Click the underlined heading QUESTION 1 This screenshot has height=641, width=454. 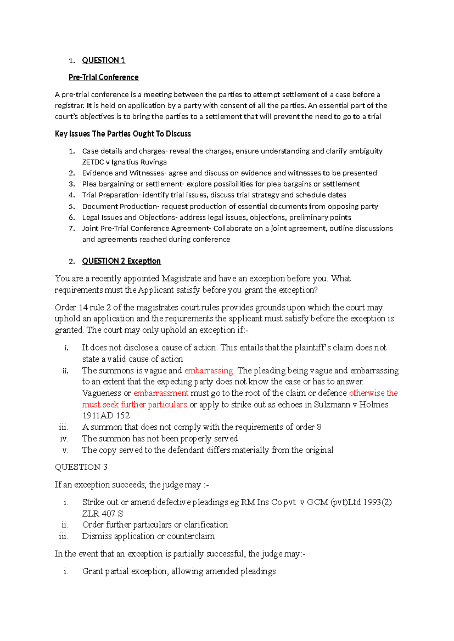point(103,60)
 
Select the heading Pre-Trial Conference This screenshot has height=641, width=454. point(103,77)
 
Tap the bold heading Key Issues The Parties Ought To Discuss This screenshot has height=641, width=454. point(123,134)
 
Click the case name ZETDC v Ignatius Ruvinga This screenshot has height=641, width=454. point(124,162)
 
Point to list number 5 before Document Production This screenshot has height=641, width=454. point(72,206)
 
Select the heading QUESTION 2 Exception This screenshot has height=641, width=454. point(121,261)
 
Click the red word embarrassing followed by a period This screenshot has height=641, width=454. point(209,371)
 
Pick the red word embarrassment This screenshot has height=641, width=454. point(161,393)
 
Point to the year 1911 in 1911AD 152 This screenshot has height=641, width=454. point(90,416)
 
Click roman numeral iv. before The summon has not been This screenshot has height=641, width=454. point(64,439)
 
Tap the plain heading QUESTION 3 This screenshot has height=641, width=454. point(81,467)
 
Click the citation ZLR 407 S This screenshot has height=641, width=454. point(102,514)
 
